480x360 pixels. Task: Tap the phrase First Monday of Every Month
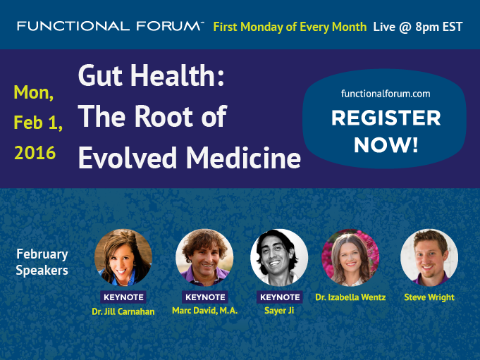tap(290, 27)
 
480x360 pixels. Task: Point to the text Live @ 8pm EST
tap(418, 27)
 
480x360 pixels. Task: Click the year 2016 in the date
tap(35, 153)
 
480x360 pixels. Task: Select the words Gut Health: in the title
tap(152, 75)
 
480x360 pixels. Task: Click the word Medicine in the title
tap(243, 158)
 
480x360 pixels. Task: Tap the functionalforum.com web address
tap(386, 94)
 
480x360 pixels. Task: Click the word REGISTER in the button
tap(386, 118)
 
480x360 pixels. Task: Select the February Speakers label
tap(42, 262)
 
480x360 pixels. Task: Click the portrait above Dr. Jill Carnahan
tap(123, 258)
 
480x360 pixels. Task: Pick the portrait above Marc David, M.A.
tap(204, 258)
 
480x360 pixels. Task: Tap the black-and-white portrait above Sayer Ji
tap(279, 258)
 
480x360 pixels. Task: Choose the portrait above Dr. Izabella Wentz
tap(350, 258)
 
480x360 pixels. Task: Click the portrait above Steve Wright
tap(429, 258)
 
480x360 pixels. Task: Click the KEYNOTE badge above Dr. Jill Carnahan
tap(123, 297)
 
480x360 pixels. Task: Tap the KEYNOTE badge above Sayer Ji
tap(280, 297)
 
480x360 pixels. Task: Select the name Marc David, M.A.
tap(205, 311)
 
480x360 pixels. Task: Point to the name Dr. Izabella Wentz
tap(350, 297)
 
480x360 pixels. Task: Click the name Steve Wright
tap(429, 297)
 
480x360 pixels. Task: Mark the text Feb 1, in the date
tap(38, 123)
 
